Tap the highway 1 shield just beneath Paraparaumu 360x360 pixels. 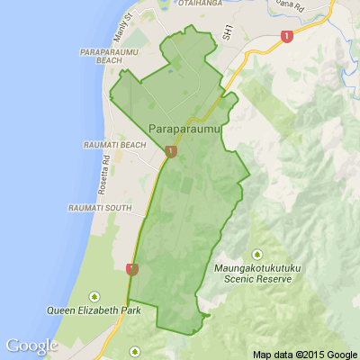coord(171,153)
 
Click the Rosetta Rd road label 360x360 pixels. coord(105,172)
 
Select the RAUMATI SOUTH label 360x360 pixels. coord(99,209)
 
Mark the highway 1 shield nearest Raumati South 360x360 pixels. coord(132,268)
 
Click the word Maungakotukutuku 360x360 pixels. coord(256,268)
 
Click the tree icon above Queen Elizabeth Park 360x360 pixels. coord(94,295)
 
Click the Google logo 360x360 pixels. coord(31,346)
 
